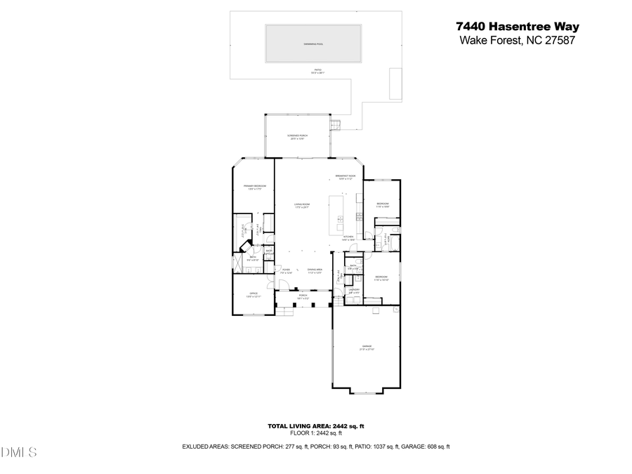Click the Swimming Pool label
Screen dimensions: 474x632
[313, 44]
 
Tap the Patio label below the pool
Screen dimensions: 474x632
[317, 72]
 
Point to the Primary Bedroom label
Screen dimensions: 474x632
[255, 187]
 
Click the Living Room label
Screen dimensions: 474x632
[302, 205]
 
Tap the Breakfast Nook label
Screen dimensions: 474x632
[345, 177]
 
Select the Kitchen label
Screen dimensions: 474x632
[348, 238]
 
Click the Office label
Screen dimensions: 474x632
[253, 294]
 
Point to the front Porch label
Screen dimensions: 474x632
[303, 296]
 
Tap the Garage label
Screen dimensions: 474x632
[367, 348]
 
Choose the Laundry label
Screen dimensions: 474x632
[355, 290]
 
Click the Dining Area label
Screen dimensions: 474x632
[315, 270]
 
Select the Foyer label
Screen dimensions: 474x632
[287, 270]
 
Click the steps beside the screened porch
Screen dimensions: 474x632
[337, 124]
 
